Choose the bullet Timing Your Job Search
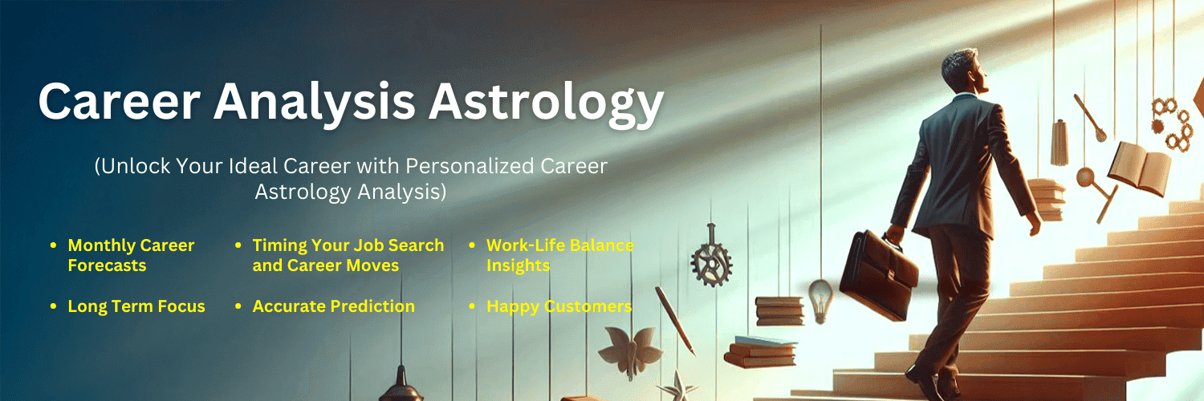[x=348, y=245]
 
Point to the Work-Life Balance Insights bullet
[x=559, y=255]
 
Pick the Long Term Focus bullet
[x=136, y=306]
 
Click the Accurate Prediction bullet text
[x=333, y=306]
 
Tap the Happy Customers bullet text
[x=559, y=306]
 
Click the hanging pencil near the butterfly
[x=675, y=320]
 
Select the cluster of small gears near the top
[x=1173, y=124]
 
